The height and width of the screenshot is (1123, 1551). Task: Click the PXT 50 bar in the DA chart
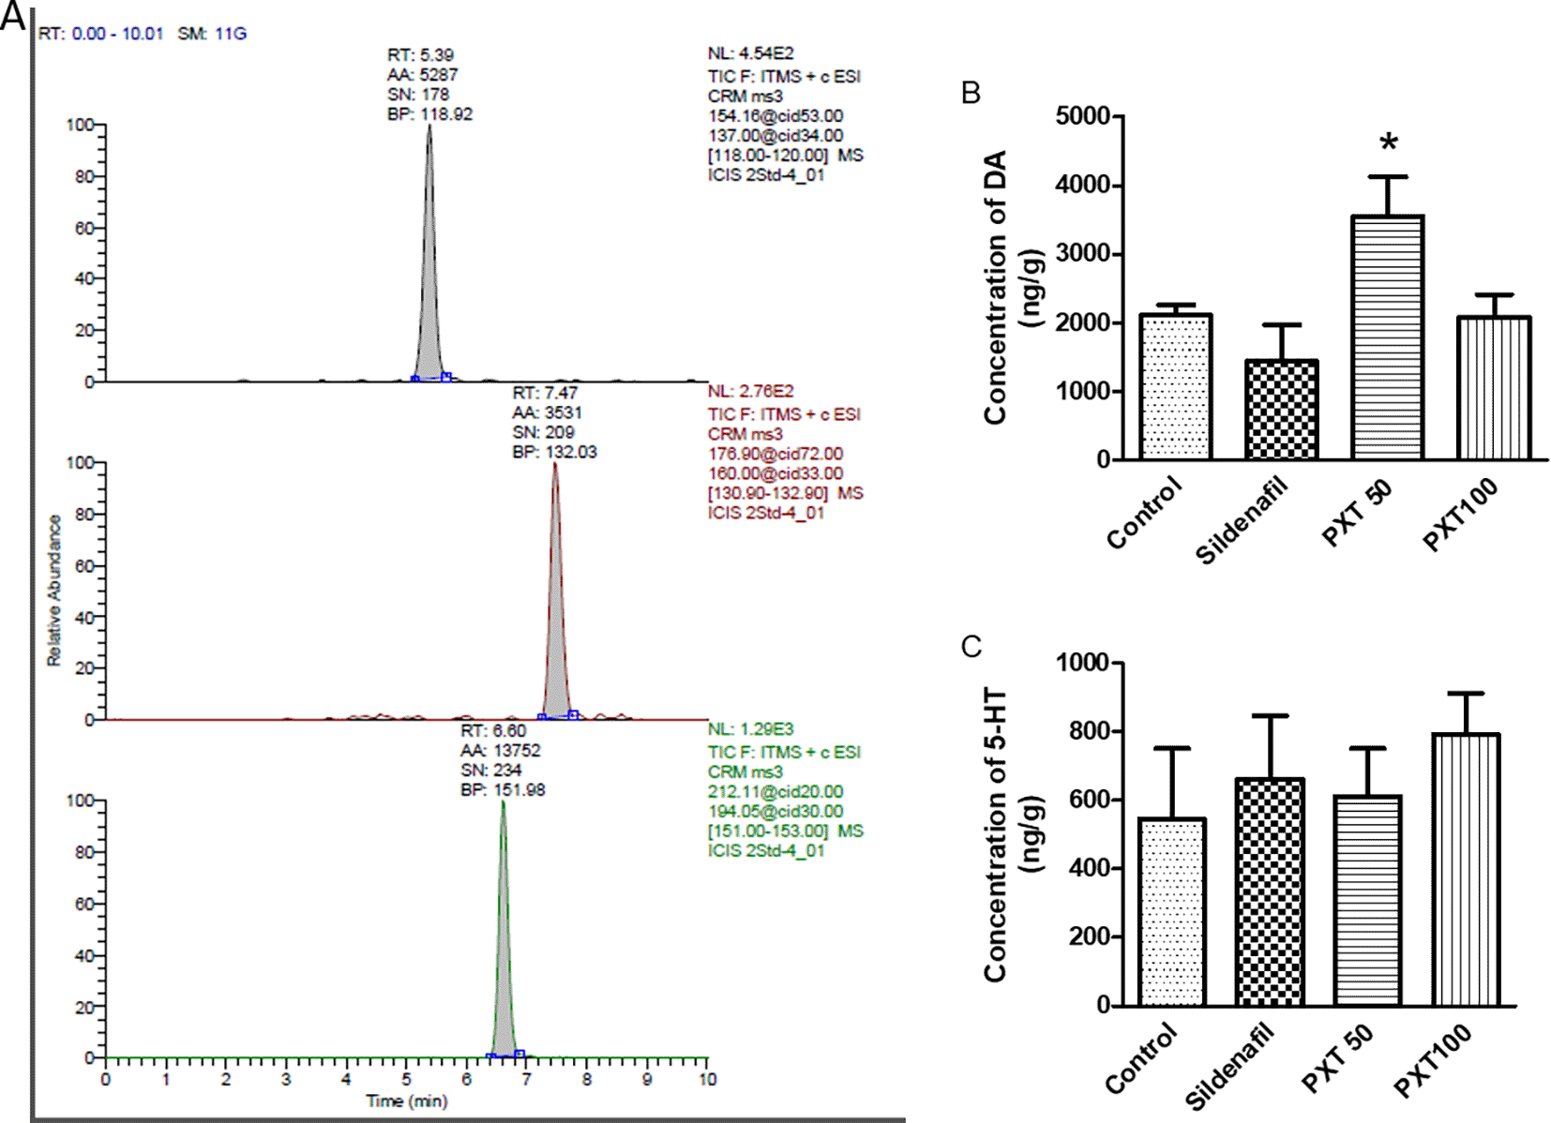pyautogui.click(x=1388, y=337)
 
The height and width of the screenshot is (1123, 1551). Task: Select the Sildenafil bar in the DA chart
pyautogui.click(x=1282, y=410)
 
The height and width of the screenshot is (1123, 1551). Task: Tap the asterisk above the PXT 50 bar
pyautogui.click(x=1389, y=143)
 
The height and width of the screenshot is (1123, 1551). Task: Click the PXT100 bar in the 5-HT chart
pyautogui.click(x=1466, y=869)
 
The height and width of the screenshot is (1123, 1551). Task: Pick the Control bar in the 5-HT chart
pyautogui.click(x=1172, y=911)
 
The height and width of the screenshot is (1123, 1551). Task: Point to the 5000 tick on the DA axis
pyautogui.click(x=1083, y=116)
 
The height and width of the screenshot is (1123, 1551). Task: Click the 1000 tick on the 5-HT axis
pyautogui.click(x=1083, y=663)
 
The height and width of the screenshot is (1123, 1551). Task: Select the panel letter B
pyautogui.click(x=971, y=93)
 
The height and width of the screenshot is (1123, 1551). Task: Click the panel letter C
pyautogui.click(x=971, y=646)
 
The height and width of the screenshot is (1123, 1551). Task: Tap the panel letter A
pyautogui.click(x=13, y=16)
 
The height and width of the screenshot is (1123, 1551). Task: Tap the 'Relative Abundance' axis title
pyautogui.click(x=54, y=591)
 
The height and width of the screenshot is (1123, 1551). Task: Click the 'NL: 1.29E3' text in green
pyautogui.click(x=750, y=729)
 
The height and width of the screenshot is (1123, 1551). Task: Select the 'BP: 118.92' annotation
pyautogui.click(x=429, y=114)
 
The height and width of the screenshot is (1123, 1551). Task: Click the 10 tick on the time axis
pyautogui.click(x=707, y=1079)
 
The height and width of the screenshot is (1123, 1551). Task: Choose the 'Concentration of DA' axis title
pyautogui.click(x=996, y=287)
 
